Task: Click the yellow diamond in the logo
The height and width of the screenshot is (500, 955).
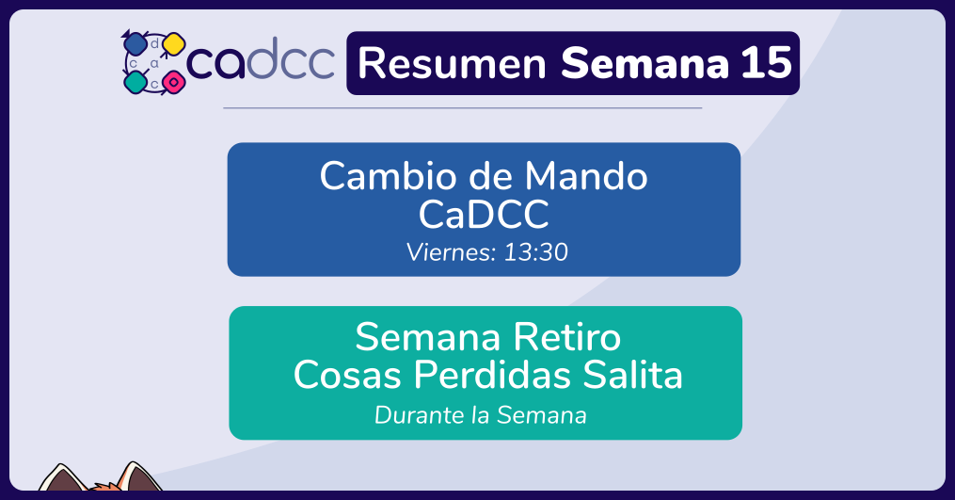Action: click(x=174, y=44)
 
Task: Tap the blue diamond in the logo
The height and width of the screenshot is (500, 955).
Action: click(x=134, y=43)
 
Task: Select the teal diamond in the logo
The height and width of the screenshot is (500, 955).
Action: click(x=135, y=82)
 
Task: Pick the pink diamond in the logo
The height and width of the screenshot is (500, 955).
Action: click(x=174, y=81)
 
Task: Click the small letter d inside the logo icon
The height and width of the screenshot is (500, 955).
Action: click(x=154, y=43)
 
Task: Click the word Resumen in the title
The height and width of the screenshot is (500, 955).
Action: click(x=452, y=63)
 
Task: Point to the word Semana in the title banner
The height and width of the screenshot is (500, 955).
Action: click(x=645, y=63)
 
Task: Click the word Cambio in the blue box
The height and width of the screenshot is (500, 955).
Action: click(x=389, y=176)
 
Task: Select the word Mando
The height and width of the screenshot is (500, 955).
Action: click(x=586, y=176)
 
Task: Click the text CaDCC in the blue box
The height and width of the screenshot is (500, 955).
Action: click(x=484, y=214)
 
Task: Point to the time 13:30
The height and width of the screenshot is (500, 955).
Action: click(x=536, y=252)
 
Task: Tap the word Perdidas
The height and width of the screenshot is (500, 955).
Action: click(x=493, y=375)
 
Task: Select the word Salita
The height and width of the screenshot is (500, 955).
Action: click(x=633, y=375)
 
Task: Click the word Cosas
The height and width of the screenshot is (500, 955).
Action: click(x=347, y=375)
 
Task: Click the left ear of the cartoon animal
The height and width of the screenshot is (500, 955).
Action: click(x=61, y=478)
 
